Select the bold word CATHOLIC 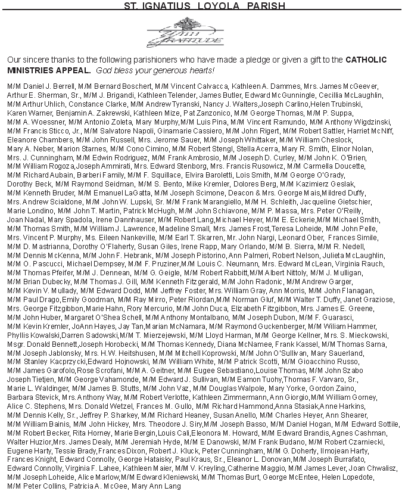coord(366,60)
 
